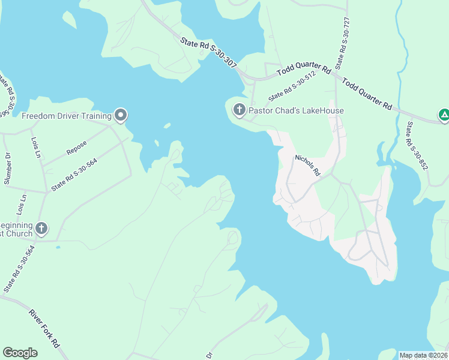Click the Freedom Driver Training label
point(67,116)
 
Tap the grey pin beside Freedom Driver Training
point(121,114)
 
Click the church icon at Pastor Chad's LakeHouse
point(239,109)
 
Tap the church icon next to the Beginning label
point(41,228)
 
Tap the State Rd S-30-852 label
point(417,145)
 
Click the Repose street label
point(77,148)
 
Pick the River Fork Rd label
point(44,328)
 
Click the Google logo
point(20,353)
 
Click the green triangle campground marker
point(444,114)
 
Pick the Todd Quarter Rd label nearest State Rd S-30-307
point(304,70)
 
